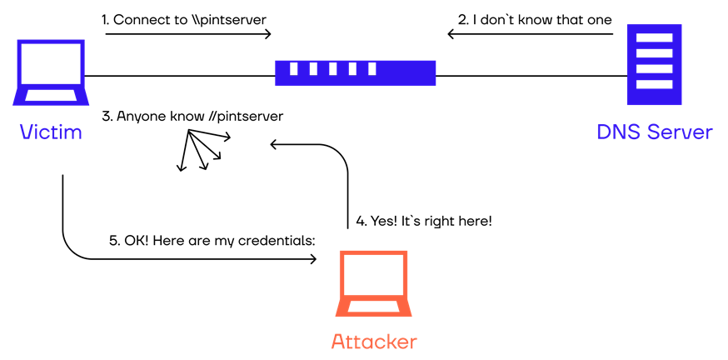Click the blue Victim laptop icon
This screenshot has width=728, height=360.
coord(48,73)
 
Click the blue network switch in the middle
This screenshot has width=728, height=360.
coord(355,72)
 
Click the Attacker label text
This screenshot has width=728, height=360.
coord(373,342)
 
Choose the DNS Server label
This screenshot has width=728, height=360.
coord(654,132)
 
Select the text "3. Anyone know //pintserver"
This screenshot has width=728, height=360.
coord(192,116)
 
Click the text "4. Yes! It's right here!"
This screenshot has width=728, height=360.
coord(424,222)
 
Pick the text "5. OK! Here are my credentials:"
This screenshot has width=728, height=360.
coord(213,241)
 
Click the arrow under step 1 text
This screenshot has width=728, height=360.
coord(188,34)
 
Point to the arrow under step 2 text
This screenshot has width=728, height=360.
coord(530,34)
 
